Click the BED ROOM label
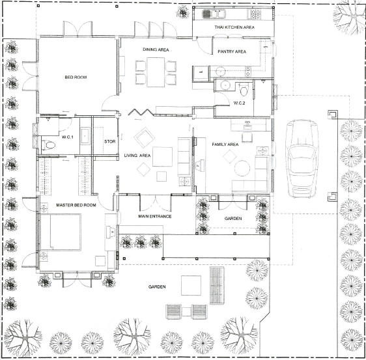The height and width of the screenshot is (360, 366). tap(76, 77)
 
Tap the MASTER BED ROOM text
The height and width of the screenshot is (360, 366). tap(76, 205)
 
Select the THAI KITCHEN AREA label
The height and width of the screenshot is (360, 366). tap(234, 27)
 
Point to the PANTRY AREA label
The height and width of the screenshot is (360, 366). tap(232, 51)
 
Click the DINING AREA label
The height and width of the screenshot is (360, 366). tap(156, 49)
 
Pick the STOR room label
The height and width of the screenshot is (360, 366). tap(109, 142)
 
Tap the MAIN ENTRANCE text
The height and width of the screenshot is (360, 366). tap(155, 216)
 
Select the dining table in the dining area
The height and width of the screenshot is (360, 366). tap(156, 72)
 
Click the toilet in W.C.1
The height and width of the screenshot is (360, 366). tap(49, 145)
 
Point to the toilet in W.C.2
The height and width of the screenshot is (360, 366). tap(244, 90)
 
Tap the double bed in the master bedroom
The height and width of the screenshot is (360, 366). tap(61, 232)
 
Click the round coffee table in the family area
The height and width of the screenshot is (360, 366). tap(242, 168)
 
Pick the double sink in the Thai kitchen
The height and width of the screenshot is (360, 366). tap(214, 14)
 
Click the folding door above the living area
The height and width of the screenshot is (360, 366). tap(140, 112)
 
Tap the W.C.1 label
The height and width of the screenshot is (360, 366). tap(68, 137)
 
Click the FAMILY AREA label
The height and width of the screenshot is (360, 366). tap(225, 145)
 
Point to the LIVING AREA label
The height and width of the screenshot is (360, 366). tap(137, 156)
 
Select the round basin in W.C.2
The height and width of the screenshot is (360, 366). tap(225, 86)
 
